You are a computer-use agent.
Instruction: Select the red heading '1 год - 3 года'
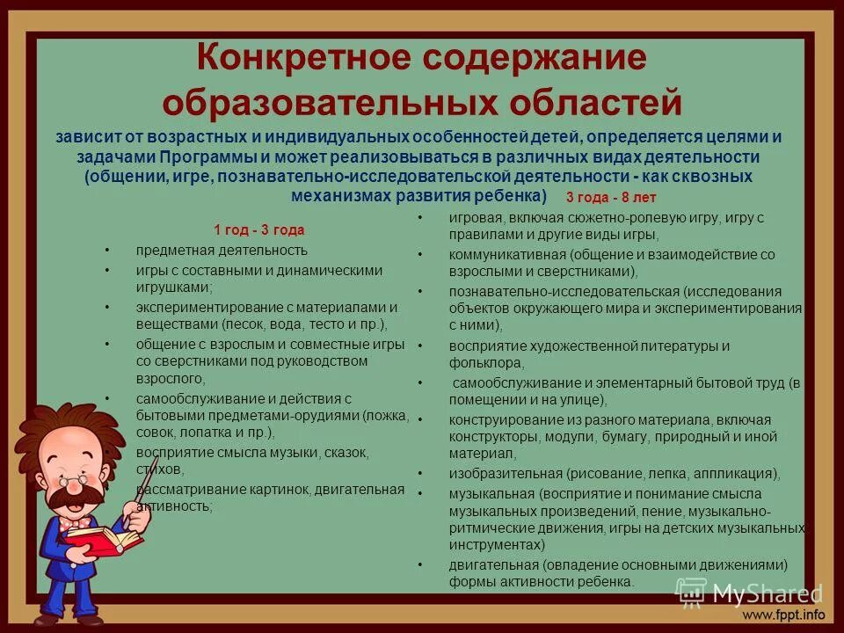pyautogui.click(x=259, y=230)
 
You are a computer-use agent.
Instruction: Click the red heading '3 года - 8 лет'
pyautogui.click(x=611, y=198)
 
